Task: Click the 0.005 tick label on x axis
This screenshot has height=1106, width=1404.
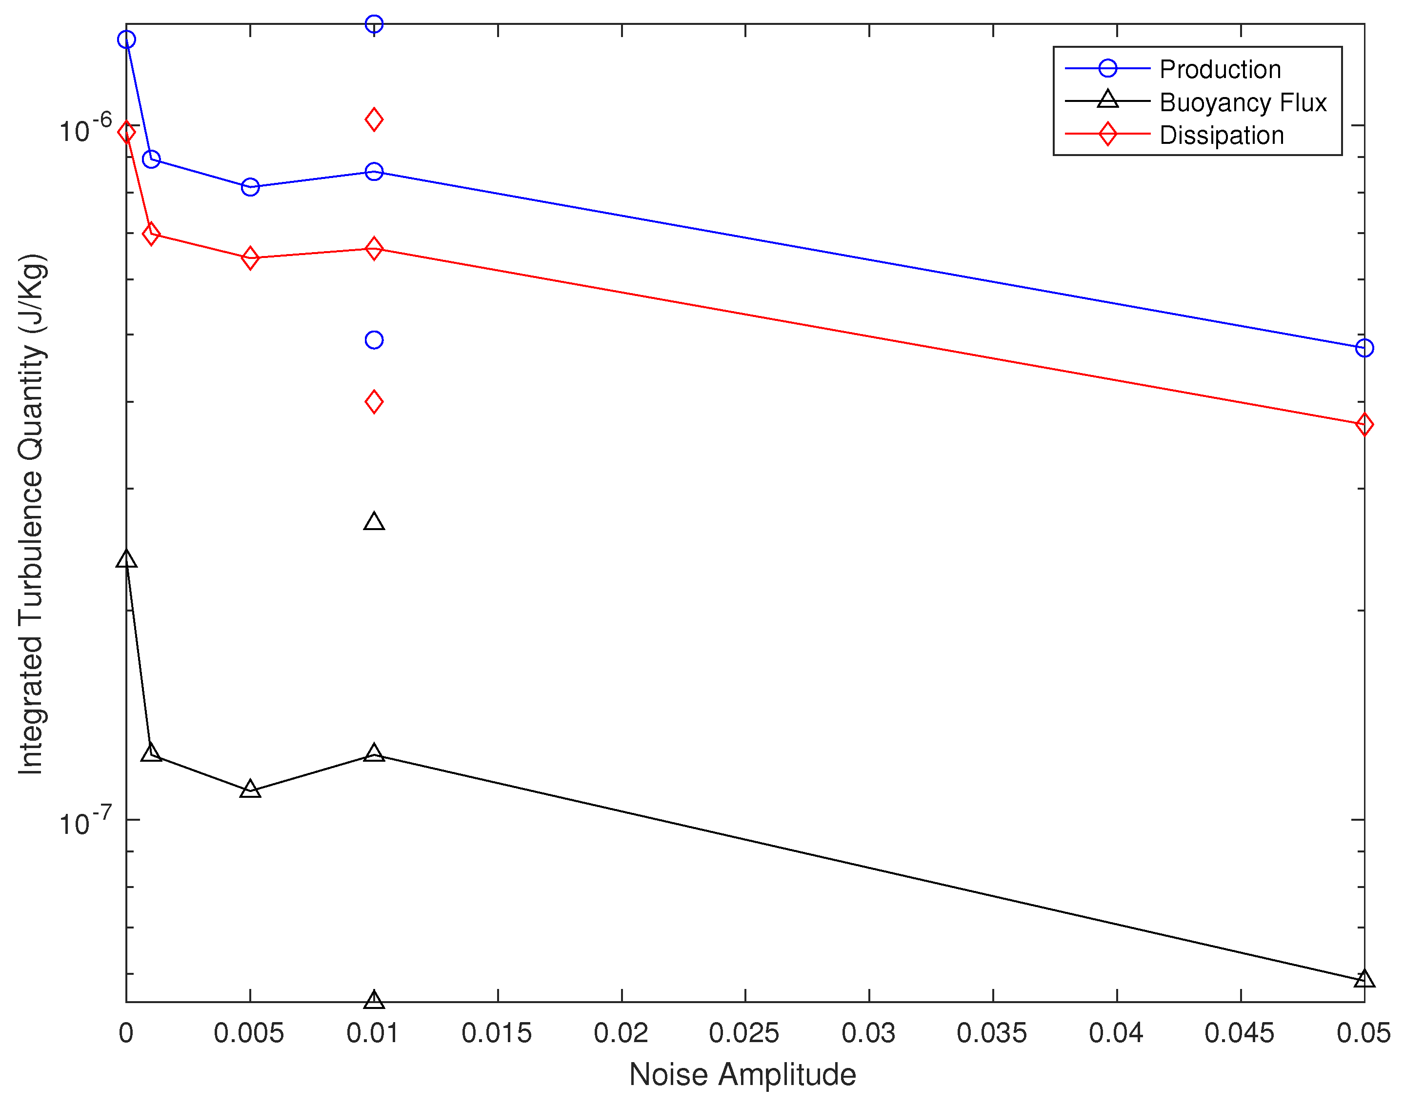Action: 249,1033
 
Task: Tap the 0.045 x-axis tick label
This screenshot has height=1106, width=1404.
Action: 1239,1033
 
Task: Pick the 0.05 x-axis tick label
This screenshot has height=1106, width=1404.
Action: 1363,1033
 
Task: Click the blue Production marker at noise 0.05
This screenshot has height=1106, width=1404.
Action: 1364,348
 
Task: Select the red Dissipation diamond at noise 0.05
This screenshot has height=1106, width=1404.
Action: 1364,425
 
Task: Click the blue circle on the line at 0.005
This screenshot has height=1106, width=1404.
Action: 250,187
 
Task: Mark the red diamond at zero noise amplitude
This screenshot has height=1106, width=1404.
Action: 126,132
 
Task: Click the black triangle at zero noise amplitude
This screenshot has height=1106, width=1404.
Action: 126,559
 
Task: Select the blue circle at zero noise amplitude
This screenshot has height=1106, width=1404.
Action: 126,40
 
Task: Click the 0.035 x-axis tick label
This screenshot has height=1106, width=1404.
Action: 991,1033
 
